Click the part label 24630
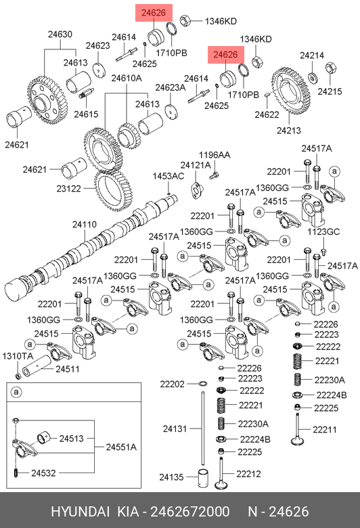click(x=60, y=35)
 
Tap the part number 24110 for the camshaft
click(x=85, y=224)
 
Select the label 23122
click(x=69, y=189)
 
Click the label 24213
click(x=289, y=131)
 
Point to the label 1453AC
click(x=168, y=176)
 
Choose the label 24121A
click(x=196, y=165)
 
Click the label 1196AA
click(x=215, y=155)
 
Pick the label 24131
click(x=175, y=428)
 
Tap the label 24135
click(x=171, y=477)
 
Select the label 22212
click(x=248, y=474)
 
